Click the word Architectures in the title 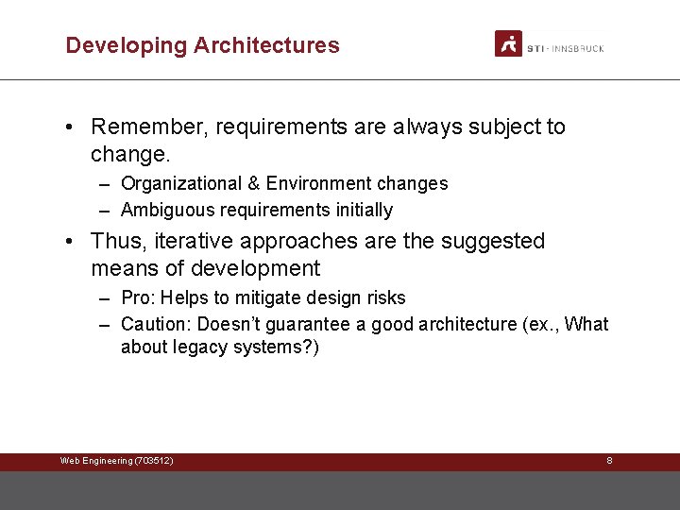[266, 45]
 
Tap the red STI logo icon [508, 43]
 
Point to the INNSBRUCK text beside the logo [578, 48]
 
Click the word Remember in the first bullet [148, 127]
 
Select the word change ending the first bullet [127, 153]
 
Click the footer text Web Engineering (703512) [116, 461]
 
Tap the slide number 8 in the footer [609, 461]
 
